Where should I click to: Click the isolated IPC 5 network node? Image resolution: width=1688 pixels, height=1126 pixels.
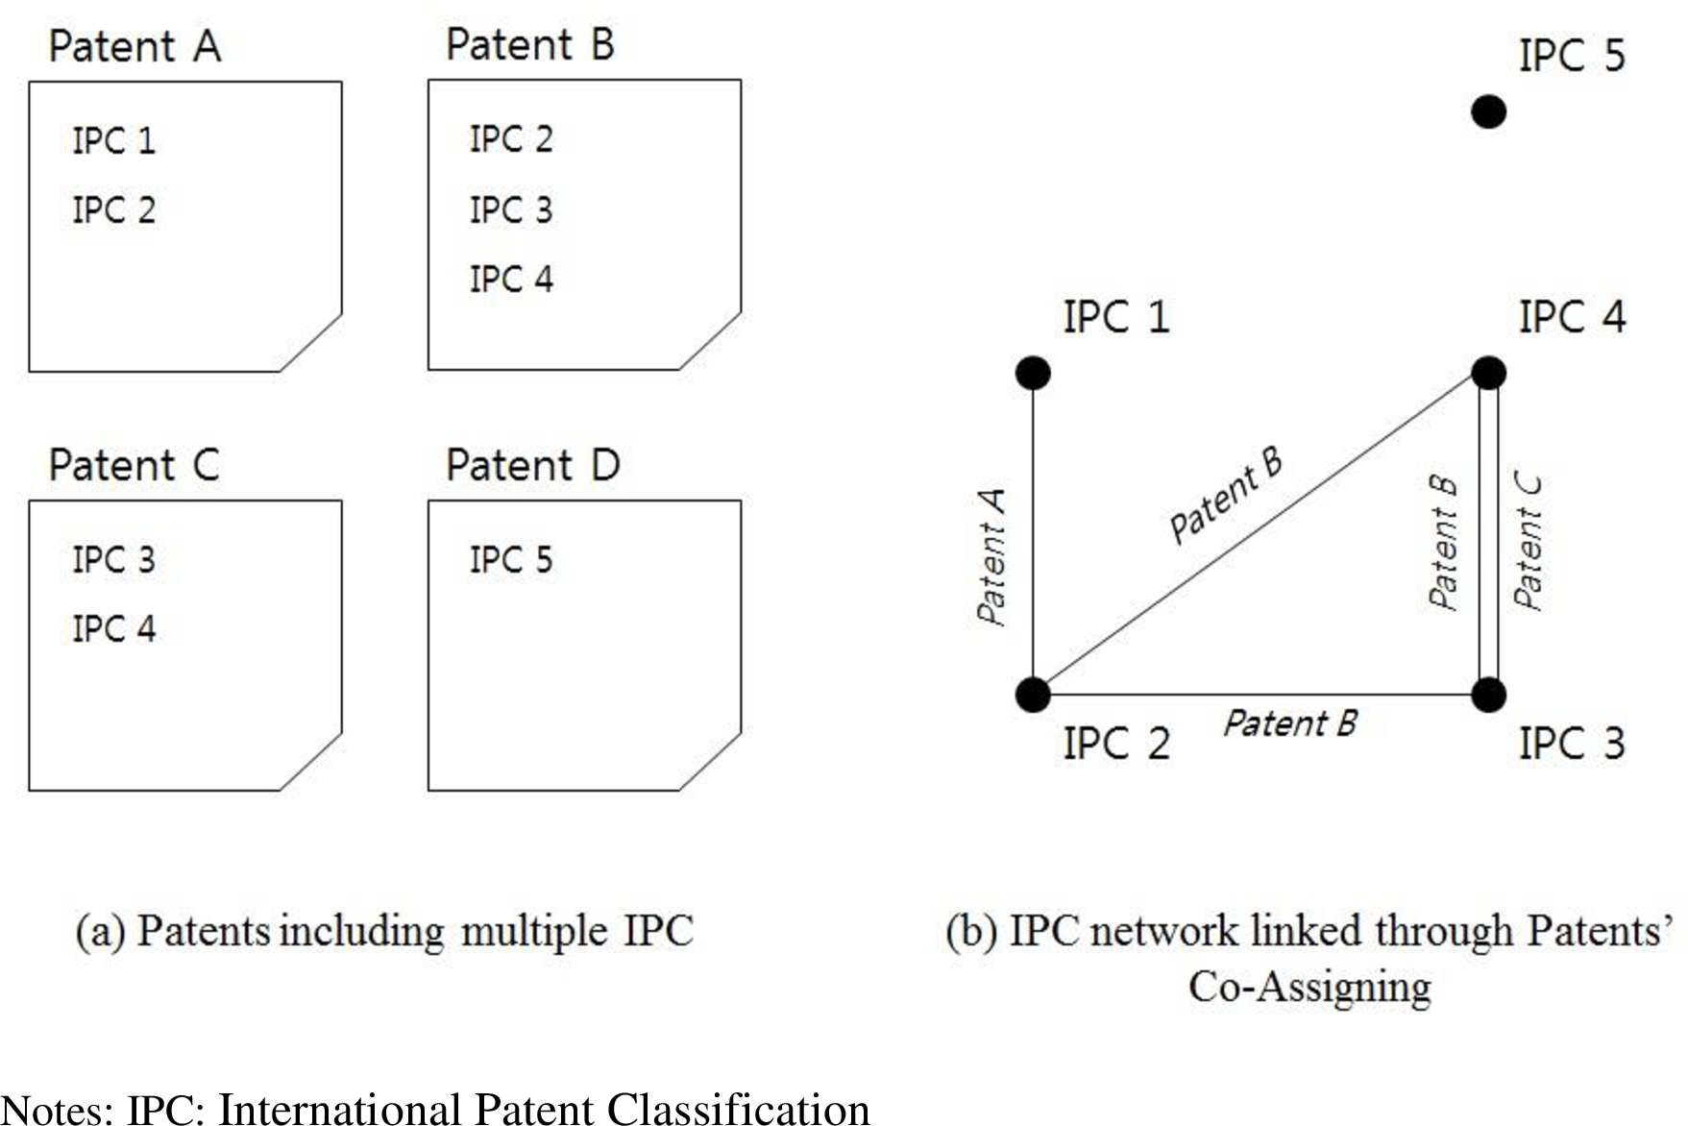point(1488,111)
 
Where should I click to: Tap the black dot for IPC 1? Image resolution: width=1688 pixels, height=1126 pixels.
point(1033,373)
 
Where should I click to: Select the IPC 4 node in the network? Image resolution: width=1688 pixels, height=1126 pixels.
point(1488,373)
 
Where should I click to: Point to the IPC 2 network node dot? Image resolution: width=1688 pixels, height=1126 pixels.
point(1033,694)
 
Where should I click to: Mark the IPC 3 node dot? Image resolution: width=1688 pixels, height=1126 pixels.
point(1488,694)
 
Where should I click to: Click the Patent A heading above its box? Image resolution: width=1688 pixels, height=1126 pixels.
point(135,46)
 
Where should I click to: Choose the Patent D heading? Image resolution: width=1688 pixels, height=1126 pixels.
point(532,466)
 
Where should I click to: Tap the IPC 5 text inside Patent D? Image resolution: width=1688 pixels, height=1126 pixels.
point(511,559)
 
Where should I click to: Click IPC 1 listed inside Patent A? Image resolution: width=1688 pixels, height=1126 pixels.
point(113,140)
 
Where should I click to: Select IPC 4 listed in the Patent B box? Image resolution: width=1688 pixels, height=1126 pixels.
point(511,280)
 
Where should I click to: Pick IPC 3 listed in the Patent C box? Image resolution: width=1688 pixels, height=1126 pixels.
point(113,559)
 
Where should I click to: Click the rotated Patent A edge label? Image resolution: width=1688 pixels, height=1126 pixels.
point(991,557)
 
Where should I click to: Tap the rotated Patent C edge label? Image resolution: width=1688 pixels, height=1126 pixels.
point(1528,542)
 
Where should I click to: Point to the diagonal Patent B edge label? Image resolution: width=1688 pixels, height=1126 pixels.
point(1225,496)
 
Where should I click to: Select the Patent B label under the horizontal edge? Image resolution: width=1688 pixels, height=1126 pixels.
point(1289,723)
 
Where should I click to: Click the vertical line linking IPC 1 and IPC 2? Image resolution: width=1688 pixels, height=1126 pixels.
point(1033,533)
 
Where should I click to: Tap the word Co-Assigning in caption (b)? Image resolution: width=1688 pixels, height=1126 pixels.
point(1309,987)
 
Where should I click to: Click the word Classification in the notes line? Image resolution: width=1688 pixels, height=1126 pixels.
point(738,1109)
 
